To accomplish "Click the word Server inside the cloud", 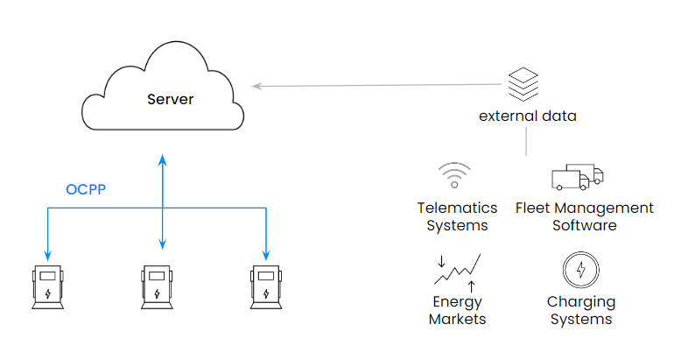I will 170,99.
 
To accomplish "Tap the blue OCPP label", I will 86,189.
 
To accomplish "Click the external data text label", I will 527,116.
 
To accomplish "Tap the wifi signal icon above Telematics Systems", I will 454,175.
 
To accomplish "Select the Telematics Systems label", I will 457,216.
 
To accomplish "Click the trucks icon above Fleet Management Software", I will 577,177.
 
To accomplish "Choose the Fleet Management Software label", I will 584,216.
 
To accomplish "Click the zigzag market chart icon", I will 457,271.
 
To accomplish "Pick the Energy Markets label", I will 457,311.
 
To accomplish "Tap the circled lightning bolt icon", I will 580,270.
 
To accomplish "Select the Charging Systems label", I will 581,311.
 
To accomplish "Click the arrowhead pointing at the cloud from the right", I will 256,86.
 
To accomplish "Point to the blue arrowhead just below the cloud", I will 161,160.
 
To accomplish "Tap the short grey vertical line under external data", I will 526,141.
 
